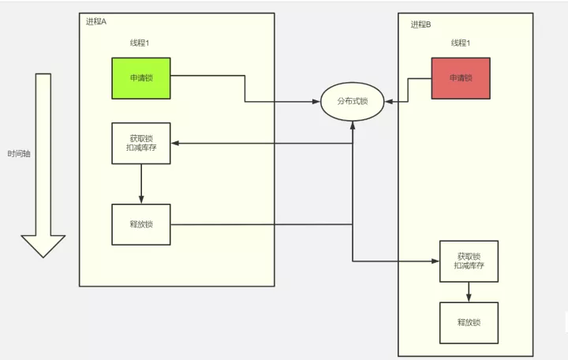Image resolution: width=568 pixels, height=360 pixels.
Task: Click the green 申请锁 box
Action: click(x=141, y=78)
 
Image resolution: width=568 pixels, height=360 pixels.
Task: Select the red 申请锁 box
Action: click(x=461, y=78)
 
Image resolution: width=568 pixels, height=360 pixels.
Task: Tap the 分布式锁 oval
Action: click(x=352, y=102)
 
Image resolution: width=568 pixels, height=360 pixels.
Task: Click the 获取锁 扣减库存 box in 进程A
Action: click(x=141, y=143)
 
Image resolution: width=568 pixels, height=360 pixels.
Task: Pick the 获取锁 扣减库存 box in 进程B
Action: click(x=469, y=261)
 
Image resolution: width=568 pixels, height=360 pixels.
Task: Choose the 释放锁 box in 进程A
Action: click(x=141, y=224)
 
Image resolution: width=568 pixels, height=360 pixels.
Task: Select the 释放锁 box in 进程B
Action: click(x=469, y=323)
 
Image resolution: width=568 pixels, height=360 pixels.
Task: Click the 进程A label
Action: click(x=96, y=22)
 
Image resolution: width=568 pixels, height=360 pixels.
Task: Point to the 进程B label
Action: click(x=420, y=24)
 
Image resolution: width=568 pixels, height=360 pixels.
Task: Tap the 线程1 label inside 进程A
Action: click(x=140, y=43)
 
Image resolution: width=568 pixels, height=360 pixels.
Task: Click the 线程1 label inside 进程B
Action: click(x=461, y=43)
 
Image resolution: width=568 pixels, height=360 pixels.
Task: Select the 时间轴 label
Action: click(x=19, y=154)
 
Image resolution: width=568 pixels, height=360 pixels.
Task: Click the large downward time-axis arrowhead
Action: click(x=43, y=246)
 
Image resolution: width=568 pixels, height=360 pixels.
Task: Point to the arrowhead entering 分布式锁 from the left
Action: click(x=316, y=102)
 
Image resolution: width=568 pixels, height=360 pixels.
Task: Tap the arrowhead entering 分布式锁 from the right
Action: click(x=389, y=102)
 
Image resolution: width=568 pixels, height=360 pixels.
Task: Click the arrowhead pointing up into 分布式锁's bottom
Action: click(x=353, y=126)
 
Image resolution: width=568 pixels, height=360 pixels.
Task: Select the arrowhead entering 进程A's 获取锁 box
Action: click(x=175, y=143)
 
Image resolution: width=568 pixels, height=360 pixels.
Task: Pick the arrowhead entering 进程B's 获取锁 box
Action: click(x=435, y=261)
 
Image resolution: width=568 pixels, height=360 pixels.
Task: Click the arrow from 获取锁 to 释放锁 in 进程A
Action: click(x=141, y=184)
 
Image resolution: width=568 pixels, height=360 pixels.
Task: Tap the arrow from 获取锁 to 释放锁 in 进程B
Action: click(x=469, y=292)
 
